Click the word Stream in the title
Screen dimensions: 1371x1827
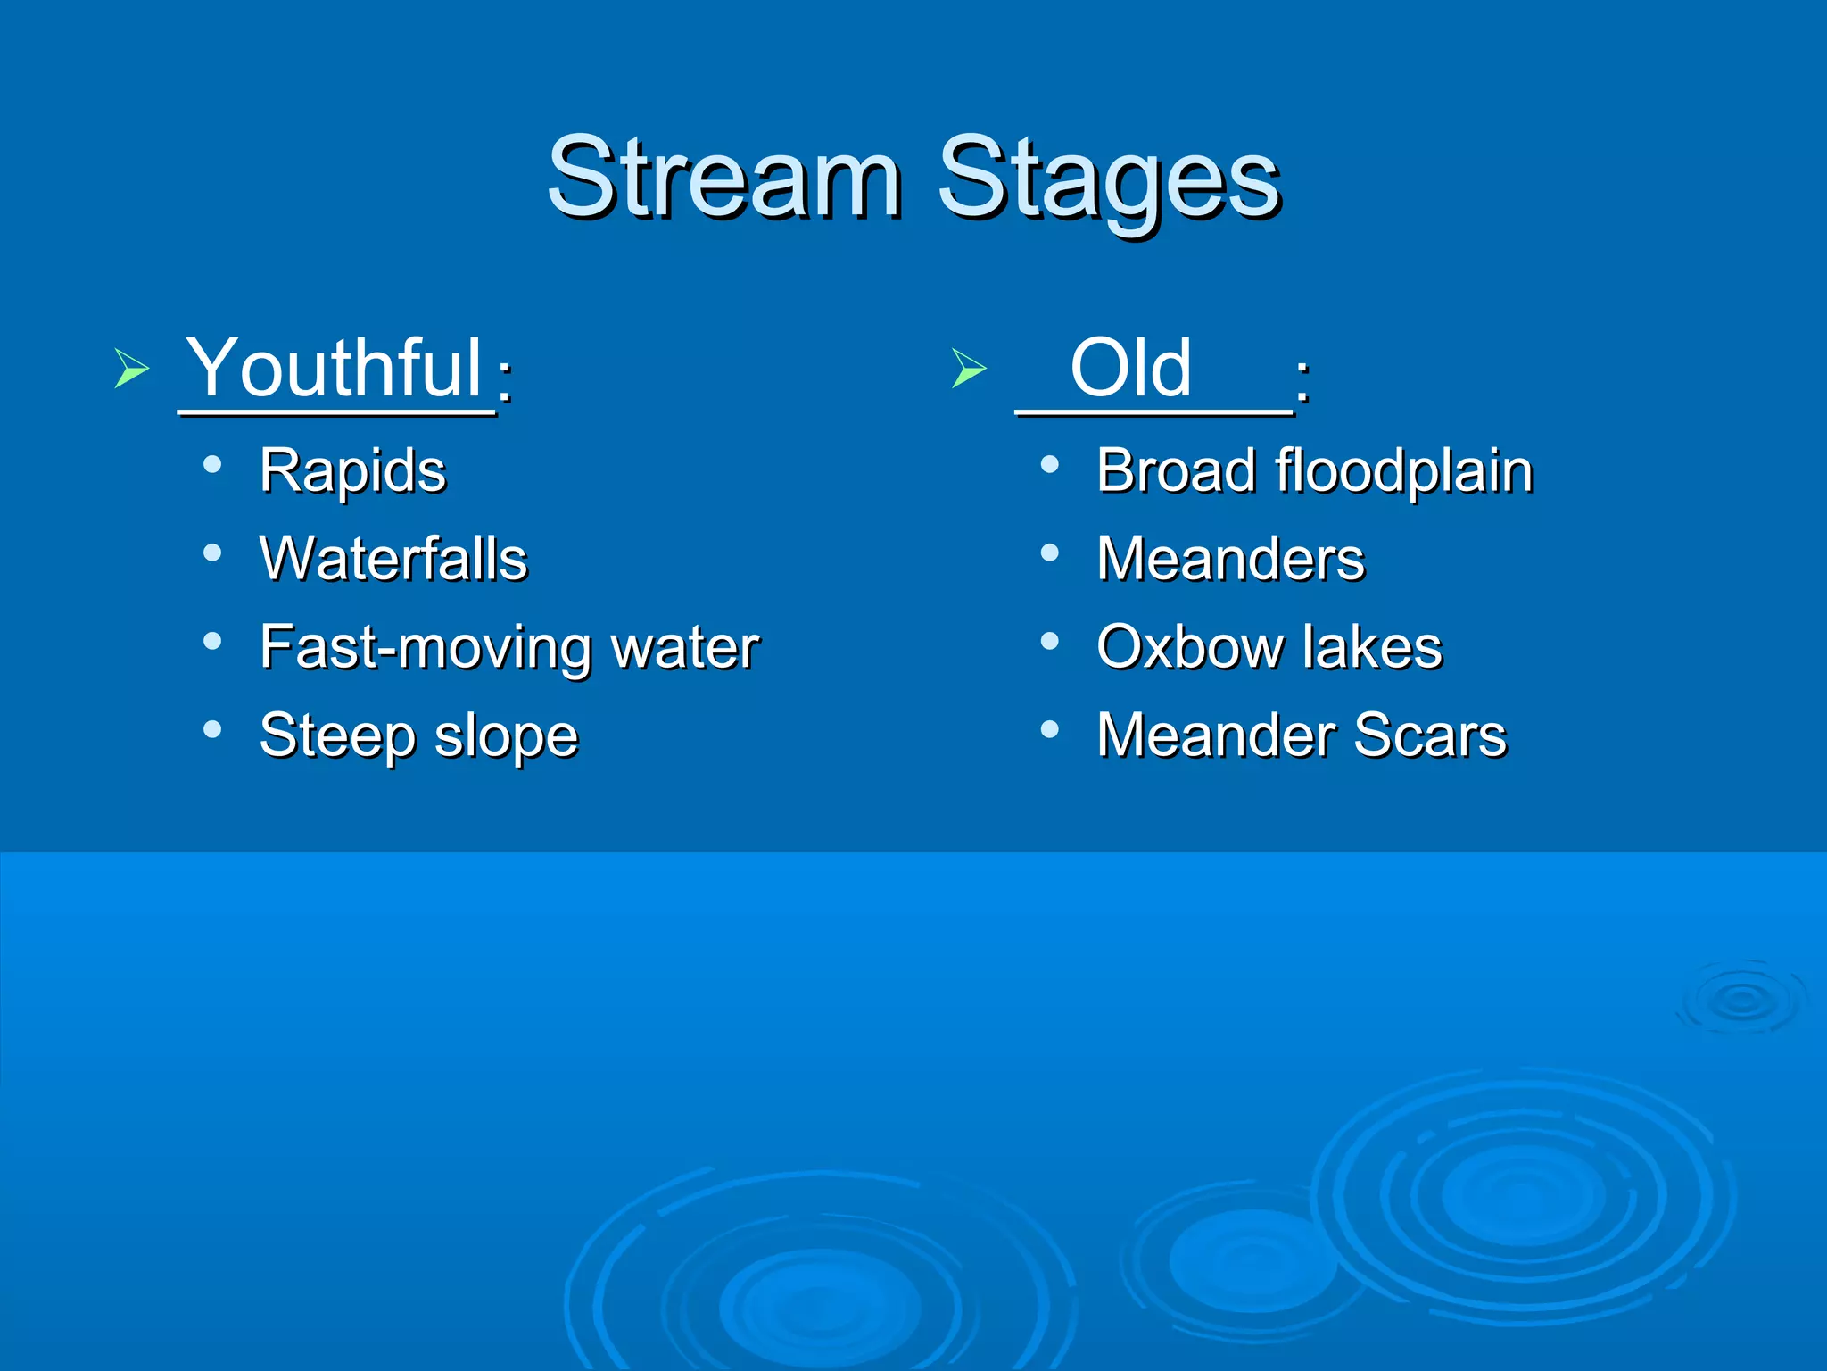pos(724,178)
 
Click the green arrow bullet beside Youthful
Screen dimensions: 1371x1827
pos(131,368)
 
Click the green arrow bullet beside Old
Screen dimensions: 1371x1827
pos(969,368)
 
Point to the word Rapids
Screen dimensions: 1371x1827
pos(352,471)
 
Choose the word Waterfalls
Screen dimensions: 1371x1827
pos(393,560)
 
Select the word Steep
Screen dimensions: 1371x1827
pos(337,736)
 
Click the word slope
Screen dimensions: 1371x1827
pos(506,736)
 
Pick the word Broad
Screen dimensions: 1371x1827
pos(1175,471)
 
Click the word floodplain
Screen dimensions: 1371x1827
pos(1404,471)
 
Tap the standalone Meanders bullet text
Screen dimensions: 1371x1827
pos(1230,560)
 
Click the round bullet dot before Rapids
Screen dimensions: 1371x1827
pos(212,464)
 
